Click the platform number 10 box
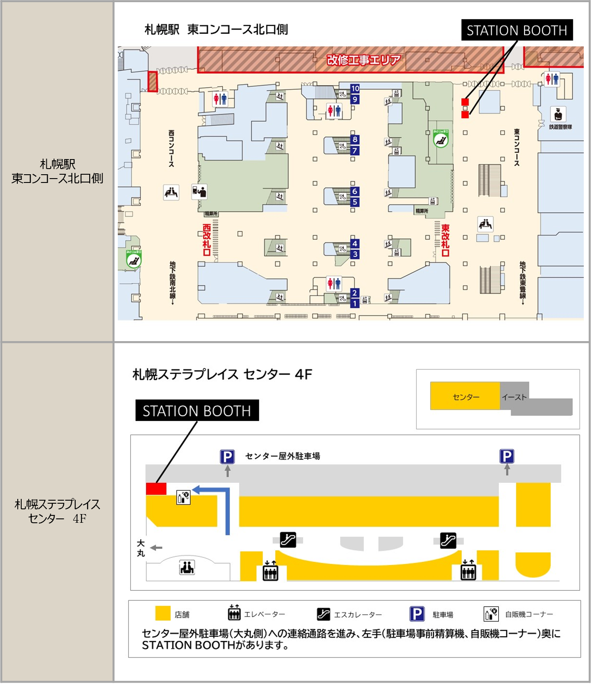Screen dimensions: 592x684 355,88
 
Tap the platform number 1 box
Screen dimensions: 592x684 355,303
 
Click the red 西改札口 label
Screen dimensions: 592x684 207,240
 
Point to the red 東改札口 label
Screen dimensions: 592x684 445,240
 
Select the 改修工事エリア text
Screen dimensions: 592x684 363,59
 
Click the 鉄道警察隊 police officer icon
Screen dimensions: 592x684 558,114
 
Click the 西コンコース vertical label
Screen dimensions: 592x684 171,148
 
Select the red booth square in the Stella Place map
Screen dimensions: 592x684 156,489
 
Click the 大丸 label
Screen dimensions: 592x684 141,548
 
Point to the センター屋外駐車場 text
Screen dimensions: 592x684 282,456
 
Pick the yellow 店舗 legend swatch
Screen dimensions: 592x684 163,613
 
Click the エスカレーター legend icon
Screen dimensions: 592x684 323,614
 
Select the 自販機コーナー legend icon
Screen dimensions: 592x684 491,614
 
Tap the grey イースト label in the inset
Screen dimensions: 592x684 514,397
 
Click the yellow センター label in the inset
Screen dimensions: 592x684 466,397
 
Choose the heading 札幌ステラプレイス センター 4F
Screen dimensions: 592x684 222,374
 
